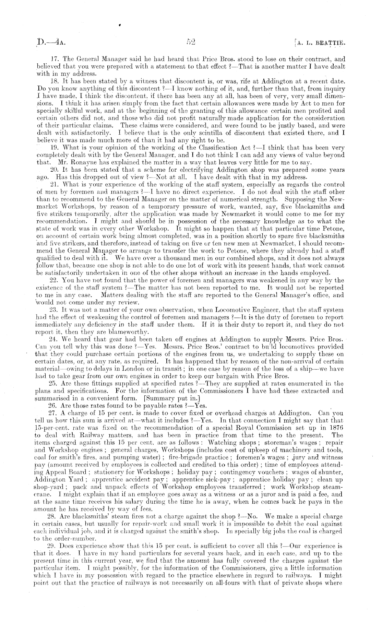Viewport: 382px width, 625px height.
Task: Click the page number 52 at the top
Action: point(191,42)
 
